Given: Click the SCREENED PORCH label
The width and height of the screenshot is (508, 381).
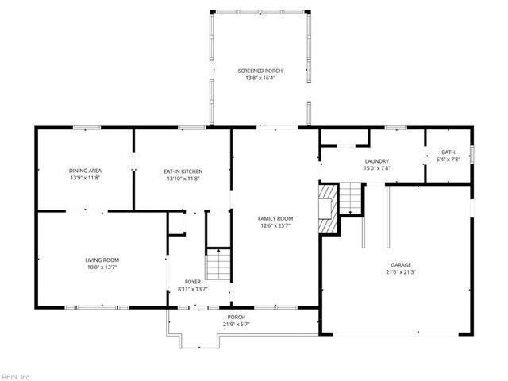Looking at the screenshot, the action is [260, 71].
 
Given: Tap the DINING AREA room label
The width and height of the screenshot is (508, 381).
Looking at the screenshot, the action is [85, 171].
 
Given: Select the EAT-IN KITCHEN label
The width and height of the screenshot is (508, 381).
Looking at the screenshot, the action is [183, 171].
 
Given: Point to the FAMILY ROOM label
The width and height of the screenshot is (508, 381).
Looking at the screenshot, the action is [275, 219].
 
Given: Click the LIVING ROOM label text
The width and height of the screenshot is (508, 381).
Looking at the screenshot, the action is [102, 260].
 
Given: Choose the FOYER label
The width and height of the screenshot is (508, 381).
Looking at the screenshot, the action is [193, 282].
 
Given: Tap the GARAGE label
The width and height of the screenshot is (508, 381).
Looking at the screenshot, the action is [401, 265].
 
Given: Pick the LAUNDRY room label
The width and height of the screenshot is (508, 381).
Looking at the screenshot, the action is [377, 161].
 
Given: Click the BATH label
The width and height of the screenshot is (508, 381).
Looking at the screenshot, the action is [448, 152].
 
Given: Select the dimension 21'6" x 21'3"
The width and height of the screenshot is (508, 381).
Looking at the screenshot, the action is [401, 272].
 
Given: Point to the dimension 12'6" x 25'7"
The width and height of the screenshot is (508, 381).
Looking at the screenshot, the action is [275, 225].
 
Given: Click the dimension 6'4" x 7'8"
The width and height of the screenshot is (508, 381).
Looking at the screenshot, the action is [448, 159].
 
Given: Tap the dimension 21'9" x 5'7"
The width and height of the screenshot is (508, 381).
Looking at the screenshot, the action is [237, 324].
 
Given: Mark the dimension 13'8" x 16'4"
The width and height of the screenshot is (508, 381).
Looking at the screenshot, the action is [260, 78].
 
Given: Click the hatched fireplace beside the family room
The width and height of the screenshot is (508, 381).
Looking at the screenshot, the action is [328, 208].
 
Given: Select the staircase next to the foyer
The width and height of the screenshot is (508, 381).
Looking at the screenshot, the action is [218, 264].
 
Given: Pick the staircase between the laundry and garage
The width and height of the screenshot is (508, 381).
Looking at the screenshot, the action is [350, 198].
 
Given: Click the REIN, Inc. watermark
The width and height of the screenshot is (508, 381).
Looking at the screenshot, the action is [15, 377].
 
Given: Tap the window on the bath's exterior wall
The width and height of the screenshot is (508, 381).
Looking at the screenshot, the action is [472, 154].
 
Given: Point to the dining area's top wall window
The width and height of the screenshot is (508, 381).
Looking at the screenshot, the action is [87, 128].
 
